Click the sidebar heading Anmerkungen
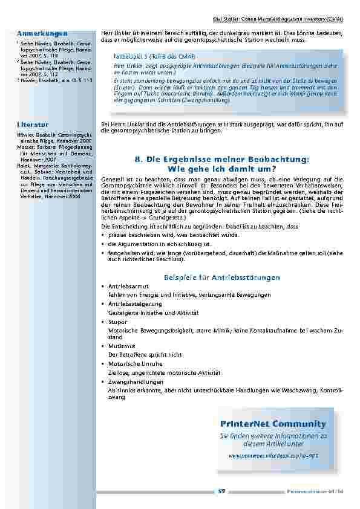(42, 33)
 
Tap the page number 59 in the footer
(221, 491)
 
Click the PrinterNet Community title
(273, 424)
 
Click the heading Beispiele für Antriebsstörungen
(222, 277)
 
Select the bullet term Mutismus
(121, 346)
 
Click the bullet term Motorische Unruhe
(134, 365)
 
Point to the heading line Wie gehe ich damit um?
(222, 168)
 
